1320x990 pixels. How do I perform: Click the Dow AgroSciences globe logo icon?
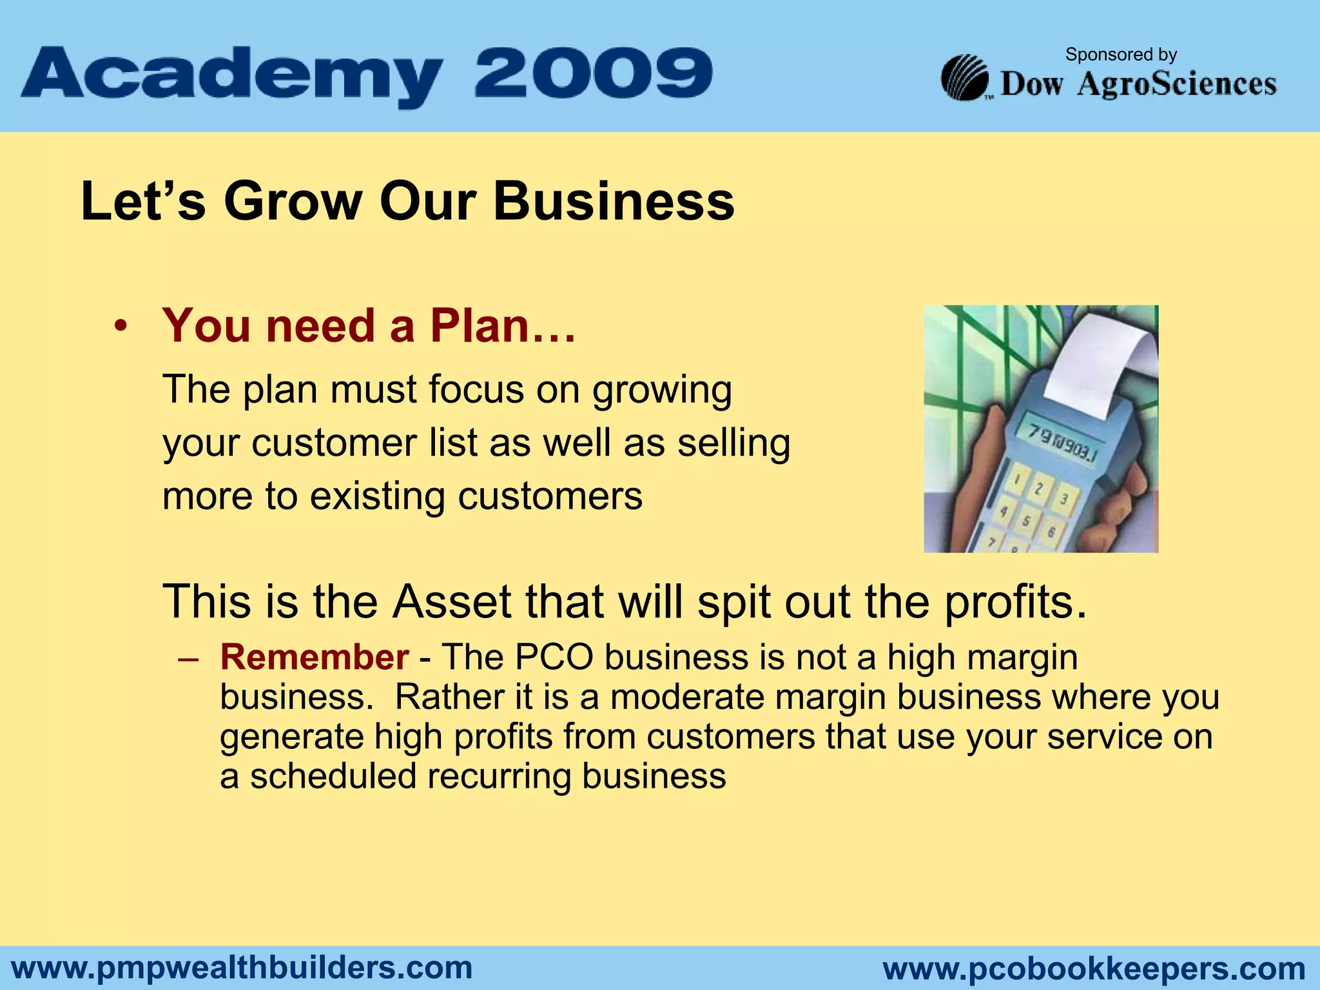[964, 78]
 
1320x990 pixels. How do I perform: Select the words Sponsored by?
[1121, 55]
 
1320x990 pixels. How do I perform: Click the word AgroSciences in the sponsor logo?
[1176, 84]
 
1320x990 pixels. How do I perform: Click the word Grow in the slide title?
[293, 202]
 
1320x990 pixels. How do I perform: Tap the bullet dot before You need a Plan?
[120, 327]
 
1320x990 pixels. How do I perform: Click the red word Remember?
[314, 657]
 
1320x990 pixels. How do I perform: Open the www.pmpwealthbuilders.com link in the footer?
[242, 968]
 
